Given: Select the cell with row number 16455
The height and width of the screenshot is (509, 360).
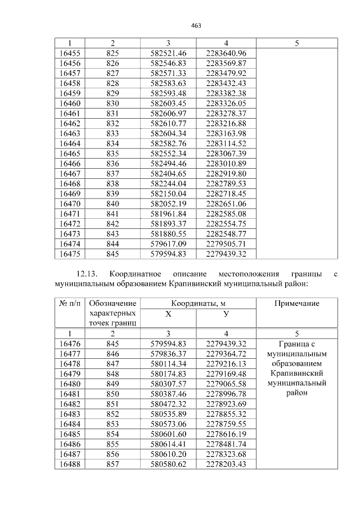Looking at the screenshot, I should click(70, 53).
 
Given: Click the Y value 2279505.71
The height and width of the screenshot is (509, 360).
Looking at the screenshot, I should click(226, 244).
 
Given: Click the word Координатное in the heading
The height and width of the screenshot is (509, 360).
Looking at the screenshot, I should click(135, 274).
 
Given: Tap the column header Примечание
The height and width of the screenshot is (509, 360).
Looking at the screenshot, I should click(296, 303).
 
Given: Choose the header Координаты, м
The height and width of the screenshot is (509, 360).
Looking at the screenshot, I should click(197, 303).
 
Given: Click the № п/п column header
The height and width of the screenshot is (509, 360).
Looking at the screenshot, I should click(70, 303).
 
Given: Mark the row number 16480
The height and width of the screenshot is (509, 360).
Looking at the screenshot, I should click(70, 384).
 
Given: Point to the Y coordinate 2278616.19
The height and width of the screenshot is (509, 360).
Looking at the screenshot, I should click(226, 434).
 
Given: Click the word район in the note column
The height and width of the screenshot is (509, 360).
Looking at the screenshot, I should click(296, 393).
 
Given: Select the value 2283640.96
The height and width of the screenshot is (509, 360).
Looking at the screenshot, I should click(226, 53).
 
